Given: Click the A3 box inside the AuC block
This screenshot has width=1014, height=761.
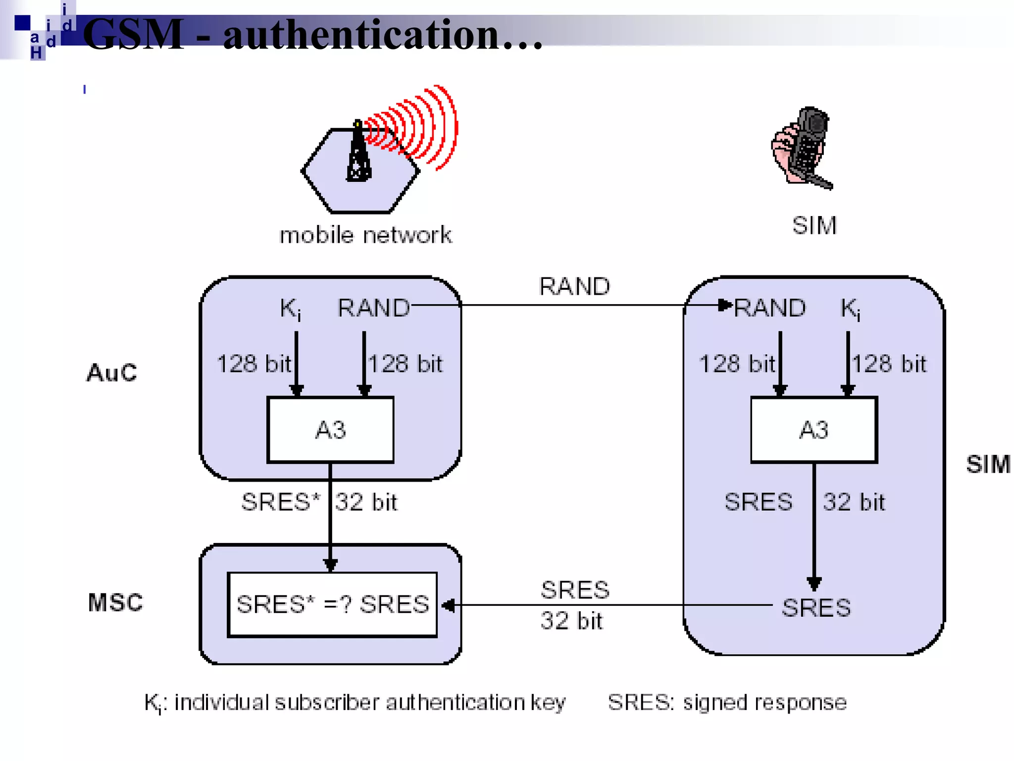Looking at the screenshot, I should [x=330, y=430].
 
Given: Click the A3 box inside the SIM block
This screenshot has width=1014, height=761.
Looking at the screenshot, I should [x=814, y=430].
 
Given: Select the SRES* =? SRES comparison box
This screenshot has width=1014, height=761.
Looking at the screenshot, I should [x=332, y=604].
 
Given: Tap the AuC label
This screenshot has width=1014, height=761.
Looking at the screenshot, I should [x=112, y=373].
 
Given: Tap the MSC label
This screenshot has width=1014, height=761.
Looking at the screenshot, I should [x=115, y=602].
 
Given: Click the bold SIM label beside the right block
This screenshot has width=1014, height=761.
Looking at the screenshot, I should [x=988, y=464].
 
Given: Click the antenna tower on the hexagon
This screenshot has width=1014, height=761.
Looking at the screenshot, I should [x=358, y=154].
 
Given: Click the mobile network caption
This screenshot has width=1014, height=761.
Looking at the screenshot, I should [x=365, y=235].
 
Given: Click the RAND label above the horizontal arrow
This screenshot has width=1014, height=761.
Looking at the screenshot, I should [x=574, y=286].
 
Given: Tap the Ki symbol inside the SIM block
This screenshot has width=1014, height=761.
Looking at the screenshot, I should [x=850, y=309].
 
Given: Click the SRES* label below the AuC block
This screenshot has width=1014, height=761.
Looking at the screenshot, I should [x=280, y=502].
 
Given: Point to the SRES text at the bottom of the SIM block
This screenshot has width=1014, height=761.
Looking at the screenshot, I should [x=816, y=607].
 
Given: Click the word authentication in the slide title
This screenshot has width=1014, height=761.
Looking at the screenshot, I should [x=360, y=35].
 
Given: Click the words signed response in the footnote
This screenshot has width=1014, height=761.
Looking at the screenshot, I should [x=764, y=703].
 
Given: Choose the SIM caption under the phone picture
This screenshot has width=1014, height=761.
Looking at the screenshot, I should [x=814, y=225].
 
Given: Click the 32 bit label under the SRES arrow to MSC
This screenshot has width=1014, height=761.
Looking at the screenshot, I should [x=571, y=621].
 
